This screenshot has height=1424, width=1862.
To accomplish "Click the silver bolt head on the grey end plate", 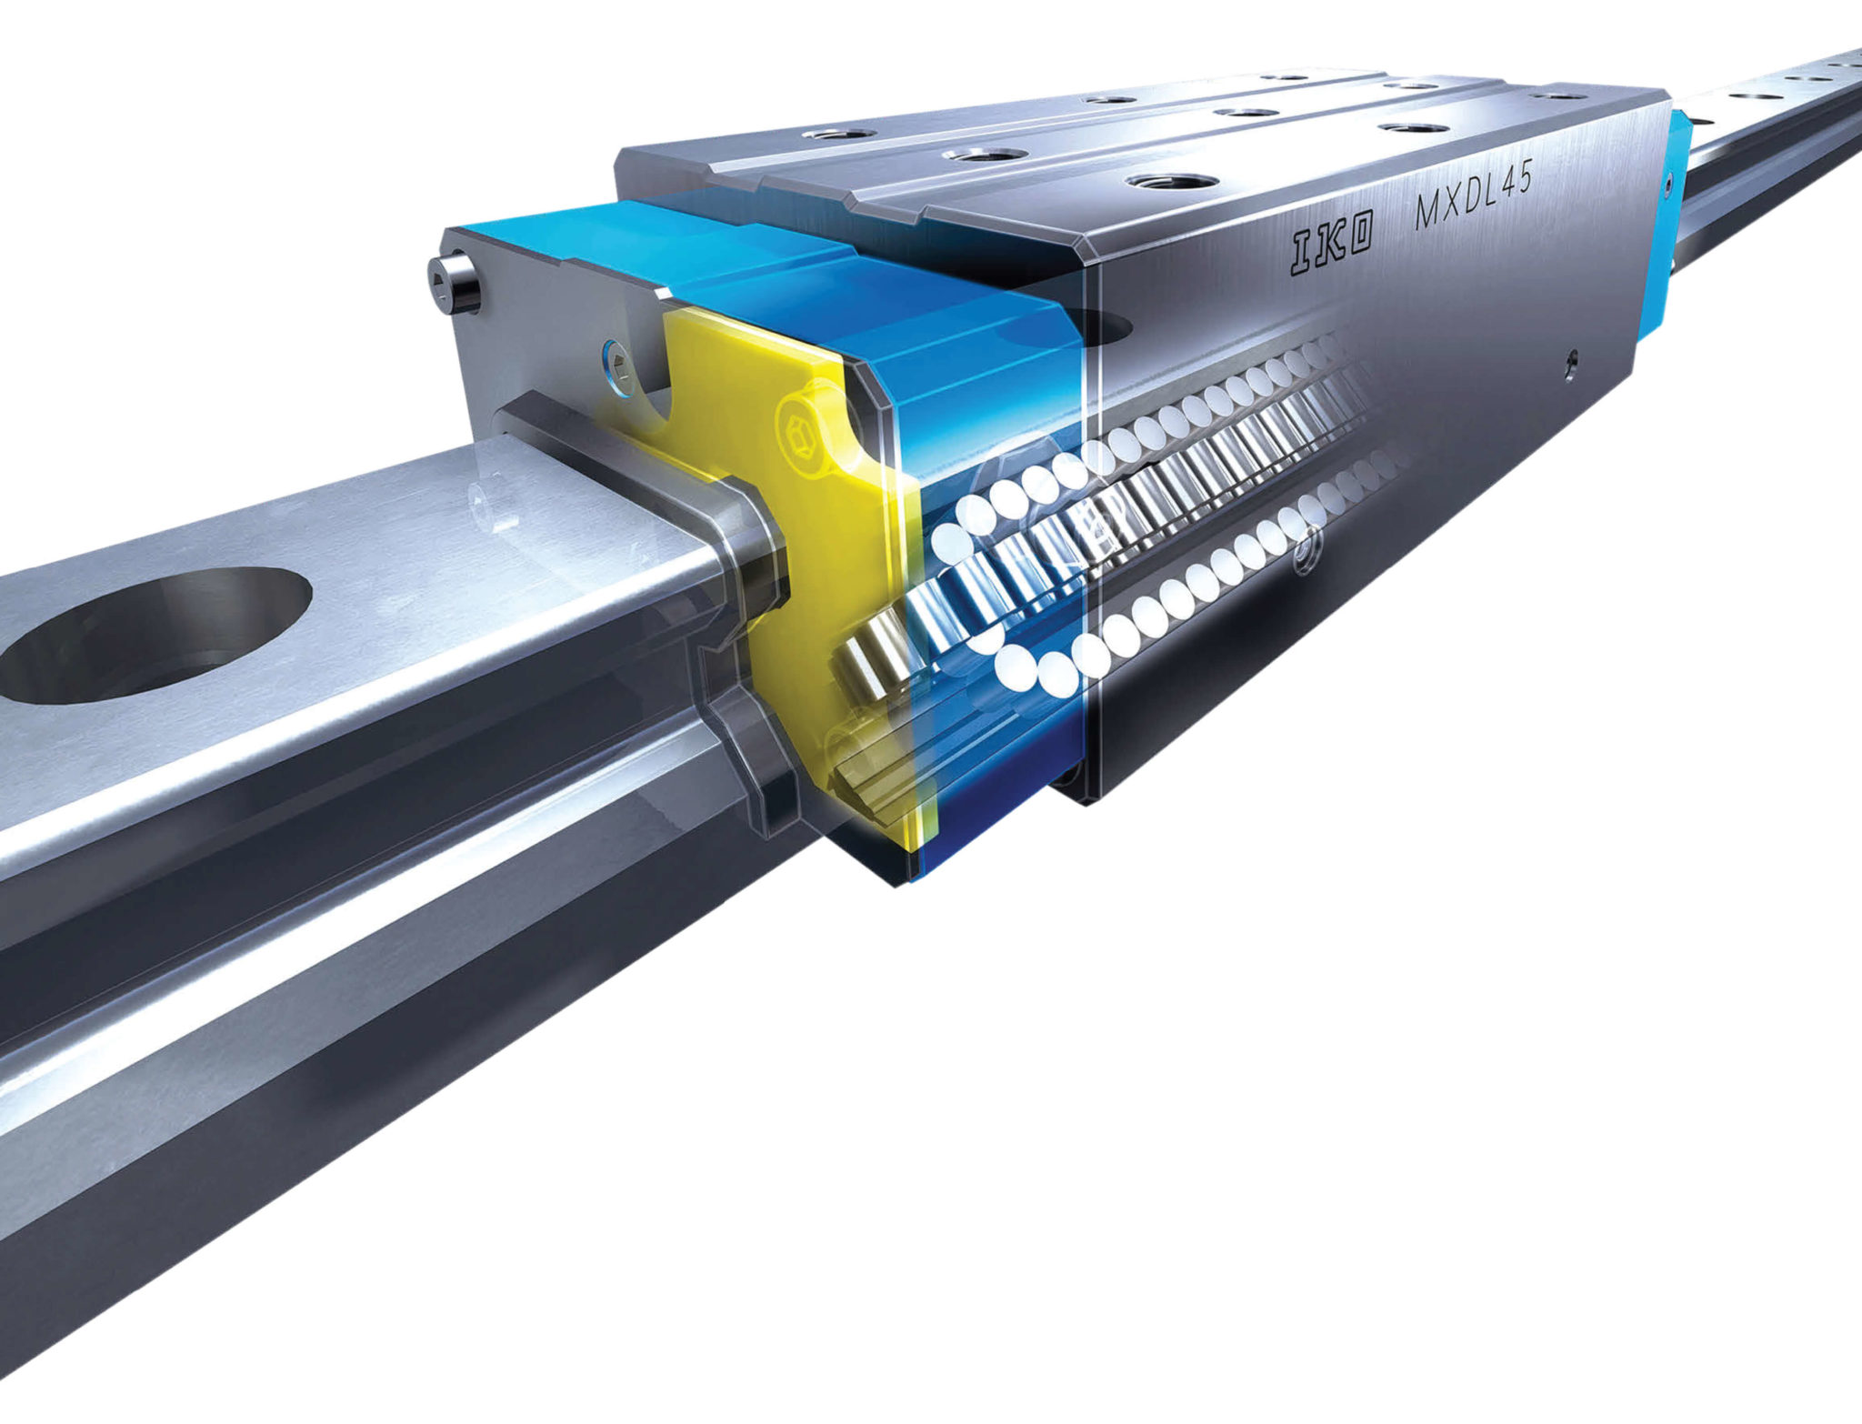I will [x=455, y=284].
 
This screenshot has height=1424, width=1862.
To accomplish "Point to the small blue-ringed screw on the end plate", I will [x=617, y=367].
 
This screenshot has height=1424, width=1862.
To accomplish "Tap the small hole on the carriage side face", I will [x=1570, y=364].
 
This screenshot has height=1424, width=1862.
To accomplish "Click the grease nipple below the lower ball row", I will [x=1306, y=554].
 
